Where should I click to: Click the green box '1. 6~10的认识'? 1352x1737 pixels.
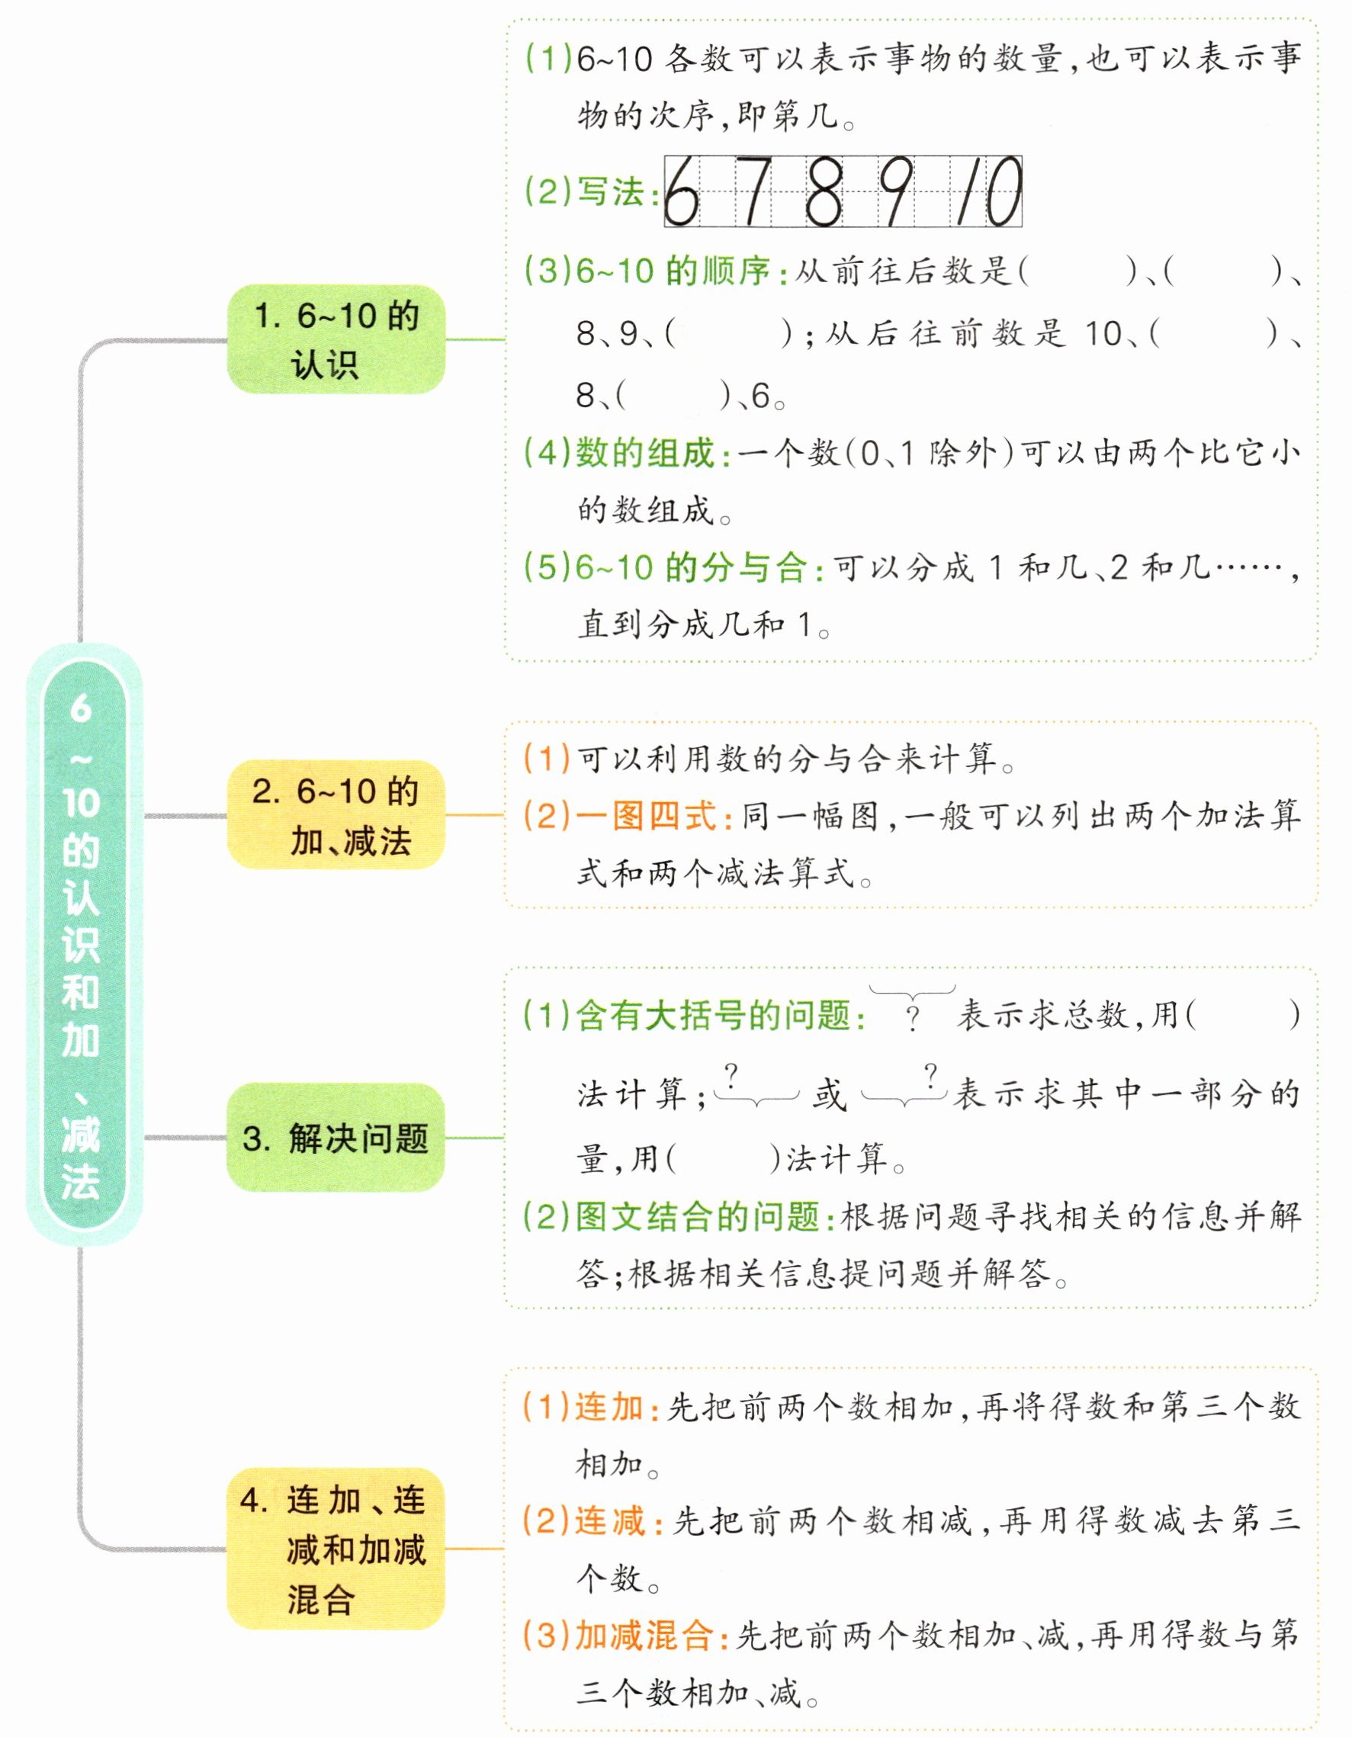click(x=336, y=339)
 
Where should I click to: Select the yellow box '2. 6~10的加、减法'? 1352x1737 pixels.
click(x=336, y=815)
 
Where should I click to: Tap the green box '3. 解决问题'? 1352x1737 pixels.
click(x=336, y=1138)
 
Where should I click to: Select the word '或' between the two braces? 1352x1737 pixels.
click(x=830, y=1095)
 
